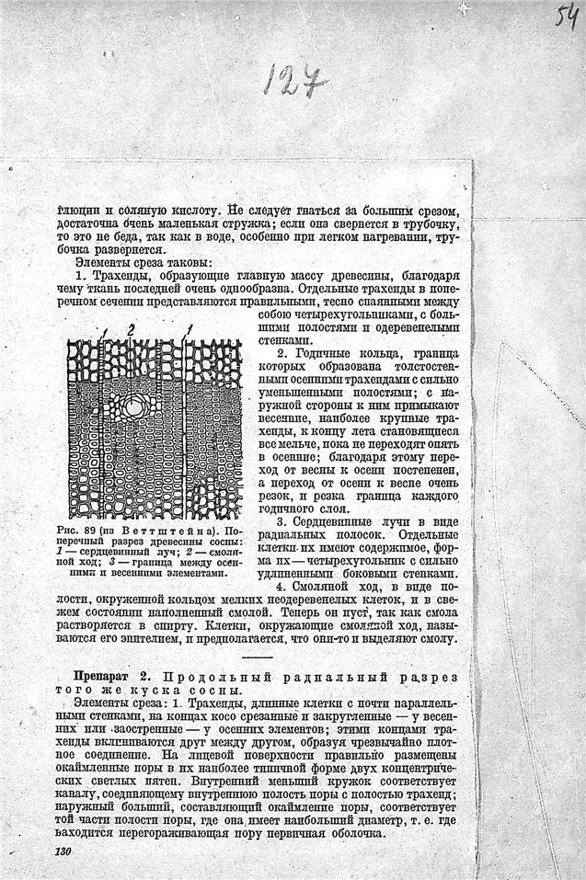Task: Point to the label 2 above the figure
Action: [132, 328]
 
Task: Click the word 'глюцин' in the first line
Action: [75, 210]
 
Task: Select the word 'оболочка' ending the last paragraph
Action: [355, 833]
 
